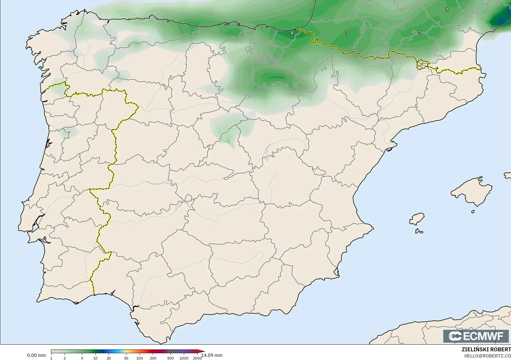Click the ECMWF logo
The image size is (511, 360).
click(476, 336)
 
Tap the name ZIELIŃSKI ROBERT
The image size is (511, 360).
click(486, 350)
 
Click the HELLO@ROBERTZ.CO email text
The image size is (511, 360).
click(487, 356)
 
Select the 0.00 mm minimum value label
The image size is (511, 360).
click(36, 355)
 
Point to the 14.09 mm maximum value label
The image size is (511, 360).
click(212, 355)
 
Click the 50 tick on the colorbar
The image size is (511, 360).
click(126, 358)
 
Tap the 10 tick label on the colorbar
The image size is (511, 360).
click(95, 358)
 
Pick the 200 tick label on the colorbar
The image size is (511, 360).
click(153, 358)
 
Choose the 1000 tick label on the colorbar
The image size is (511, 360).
click(184, 358)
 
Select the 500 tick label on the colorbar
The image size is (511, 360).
click(170, 358)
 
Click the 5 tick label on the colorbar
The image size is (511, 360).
click(82, 358)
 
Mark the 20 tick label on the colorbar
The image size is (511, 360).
click(109, 358)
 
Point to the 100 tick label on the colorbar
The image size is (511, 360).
click(140, 358)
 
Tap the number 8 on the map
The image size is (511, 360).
click(292, 33)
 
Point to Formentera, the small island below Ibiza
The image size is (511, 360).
click(419, 231)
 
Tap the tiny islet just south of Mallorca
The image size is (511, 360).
click(473, 212)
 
